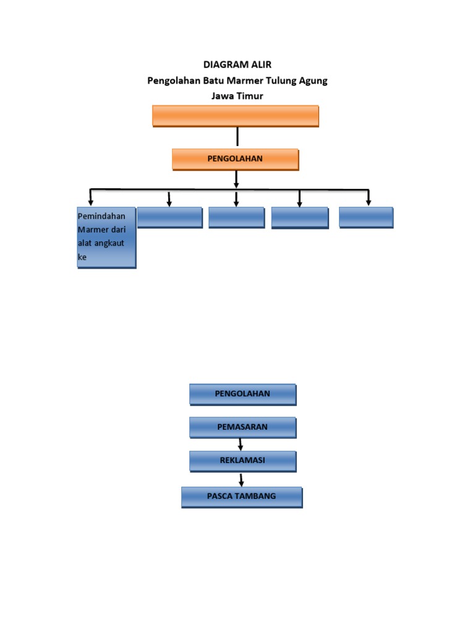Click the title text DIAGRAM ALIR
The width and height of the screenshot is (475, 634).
click(x=237, y=64)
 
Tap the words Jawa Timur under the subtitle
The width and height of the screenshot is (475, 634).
click(x=237, y=96)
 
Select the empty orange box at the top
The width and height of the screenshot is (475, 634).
click(x=236, y=116)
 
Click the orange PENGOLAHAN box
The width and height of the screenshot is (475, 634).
click(x=235, y=159)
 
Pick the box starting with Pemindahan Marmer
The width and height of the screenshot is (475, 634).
click(x=106, y=237)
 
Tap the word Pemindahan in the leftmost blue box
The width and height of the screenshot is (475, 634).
click(x=101, y=216)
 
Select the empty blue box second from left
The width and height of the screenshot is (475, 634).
click(x=169, y=217)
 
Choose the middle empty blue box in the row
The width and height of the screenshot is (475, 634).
click(x=236, y=217)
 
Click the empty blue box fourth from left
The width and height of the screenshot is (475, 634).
click(x=300, y=218)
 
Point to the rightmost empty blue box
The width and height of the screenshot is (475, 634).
click(x=366, y=217)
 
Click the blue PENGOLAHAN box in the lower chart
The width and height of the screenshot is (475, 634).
click(x=242, y=394)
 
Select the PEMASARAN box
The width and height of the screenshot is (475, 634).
click(x=242, y=427)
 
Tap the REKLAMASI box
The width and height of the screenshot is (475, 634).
click(x=242, y=461)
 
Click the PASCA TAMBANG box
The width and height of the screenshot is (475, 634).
click(x=242, y=497)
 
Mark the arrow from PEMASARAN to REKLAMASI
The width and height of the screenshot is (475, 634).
click(x=241, y=444)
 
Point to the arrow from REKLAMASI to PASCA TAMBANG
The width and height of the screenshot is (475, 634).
click(x=241, y=479)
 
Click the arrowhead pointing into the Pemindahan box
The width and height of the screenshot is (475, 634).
click(x=91, y=202)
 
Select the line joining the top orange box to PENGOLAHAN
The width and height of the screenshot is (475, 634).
click(x=237, y=137)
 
